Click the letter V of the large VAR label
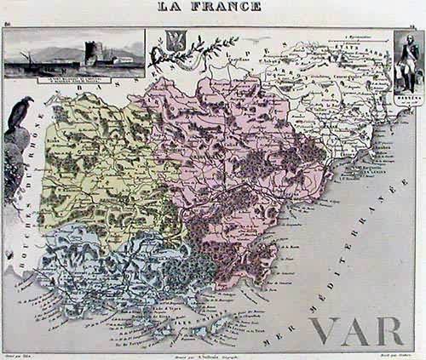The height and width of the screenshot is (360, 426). (327, 333)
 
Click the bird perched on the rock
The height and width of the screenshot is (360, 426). (18, 115)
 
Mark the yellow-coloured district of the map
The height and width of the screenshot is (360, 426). (94, 170)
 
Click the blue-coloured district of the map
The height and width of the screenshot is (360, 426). (102, 272)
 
